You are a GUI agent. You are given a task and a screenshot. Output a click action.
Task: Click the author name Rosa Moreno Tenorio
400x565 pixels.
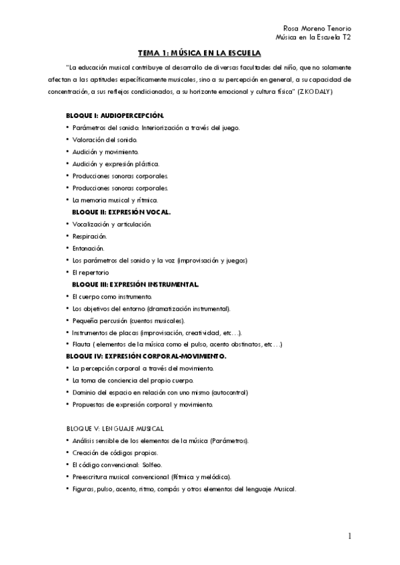[317, 29]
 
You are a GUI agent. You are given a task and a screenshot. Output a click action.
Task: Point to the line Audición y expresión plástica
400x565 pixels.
[116, 163]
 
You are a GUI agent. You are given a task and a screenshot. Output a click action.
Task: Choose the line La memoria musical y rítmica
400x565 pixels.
[115, 199]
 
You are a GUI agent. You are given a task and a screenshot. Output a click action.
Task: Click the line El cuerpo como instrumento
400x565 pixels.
[112, 296]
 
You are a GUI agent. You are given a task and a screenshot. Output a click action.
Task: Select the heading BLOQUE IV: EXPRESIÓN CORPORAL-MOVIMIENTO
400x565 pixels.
[146, 356]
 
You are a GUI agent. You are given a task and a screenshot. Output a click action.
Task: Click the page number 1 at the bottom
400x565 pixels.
[349, 536]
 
